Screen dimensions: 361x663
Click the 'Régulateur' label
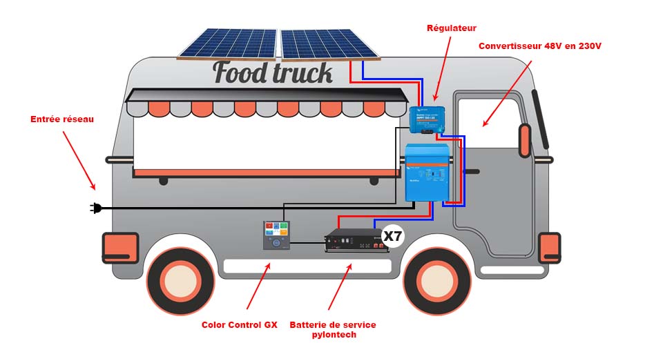452,28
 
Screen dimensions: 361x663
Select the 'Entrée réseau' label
62,119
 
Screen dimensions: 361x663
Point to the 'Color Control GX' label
239,324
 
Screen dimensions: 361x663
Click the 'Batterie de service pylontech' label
333,329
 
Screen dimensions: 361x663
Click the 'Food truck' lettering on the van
273,72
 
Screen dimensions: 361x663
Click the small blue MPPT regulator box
426,119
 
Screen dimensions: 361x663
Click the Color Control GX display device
276,235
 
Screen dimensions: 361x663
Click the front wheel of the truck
436,280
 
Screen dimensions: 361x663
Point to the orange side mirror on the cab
525,141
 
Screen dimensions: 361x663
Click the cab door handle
471,170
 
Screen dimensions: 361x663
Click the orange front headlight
550,247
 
